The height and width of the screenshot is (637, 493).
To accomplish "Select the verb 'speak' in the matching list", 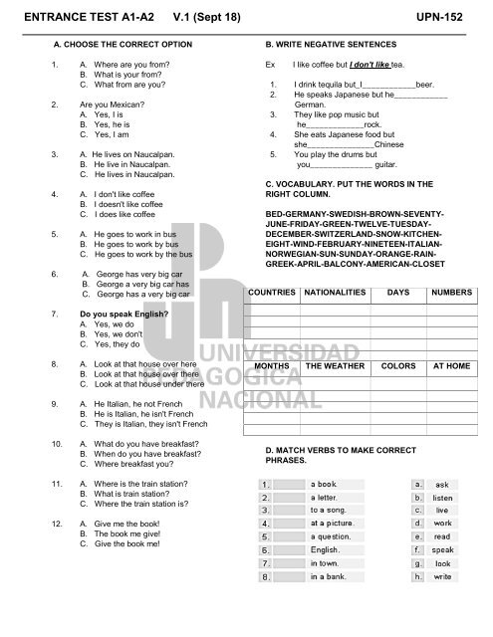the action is click(443, 549).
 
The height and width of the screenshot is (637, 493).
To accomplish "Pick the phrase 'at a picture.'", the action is click(336, 524).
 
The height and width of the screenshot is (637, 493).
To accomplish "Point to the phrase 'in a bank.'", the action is click(329, 575).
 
